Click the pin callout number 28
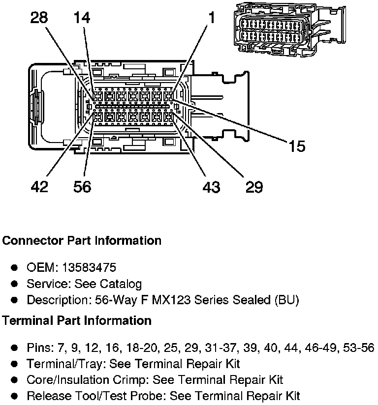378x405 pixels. tap(39, 18)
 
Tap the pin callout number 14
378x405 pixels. tap(82, 18)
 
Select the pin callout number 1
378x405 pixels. tap(212, 18)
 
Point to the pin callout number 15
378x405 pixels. tap(297, 146)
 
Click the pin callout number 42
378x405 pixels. tap(39, 186)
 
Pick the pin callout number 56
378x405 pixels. tap(82, 186)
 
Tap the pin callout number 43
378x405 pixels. tap(211, 187)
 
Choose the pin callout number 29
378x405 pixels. tap(254, 187)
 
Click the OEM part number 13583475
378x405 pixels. tap(89, 267)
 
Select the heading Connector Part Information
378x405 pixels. tap(82, 241)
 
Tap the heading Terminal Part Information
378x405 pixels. tap(77, 321)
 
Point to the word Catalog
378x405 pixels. tap(121, 284)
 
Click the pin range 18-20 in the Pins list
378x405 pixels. tap(142, 347)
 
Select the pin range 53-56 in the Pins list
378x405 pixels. tap(359, 347)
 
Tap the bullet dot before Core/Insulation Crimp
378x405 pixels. tap(14, 380)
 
